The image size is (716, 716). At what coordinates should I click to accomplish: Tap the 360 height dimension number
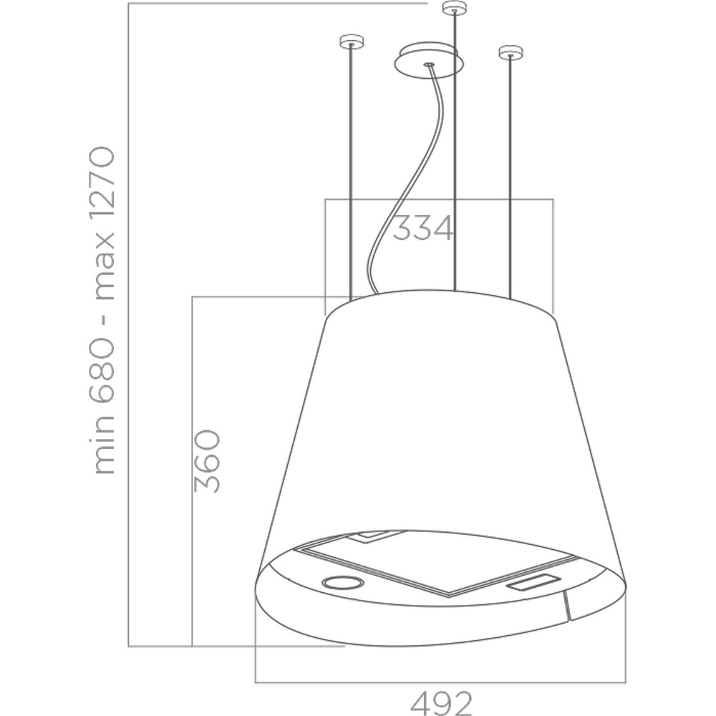(x=207, y=461)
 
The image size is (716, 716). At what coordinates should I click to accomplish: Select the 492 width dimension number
(x=441, y=704)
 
